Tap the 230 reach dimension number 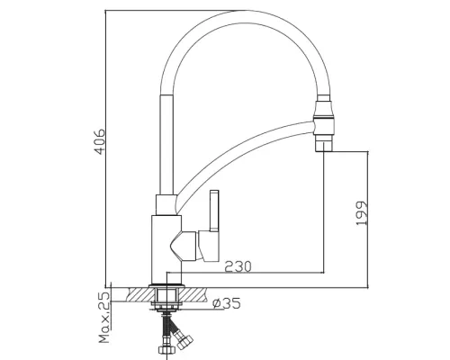(238, 266)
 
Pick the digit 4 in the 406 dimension (102, 154)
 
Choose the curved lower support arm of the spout (243, 162)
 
